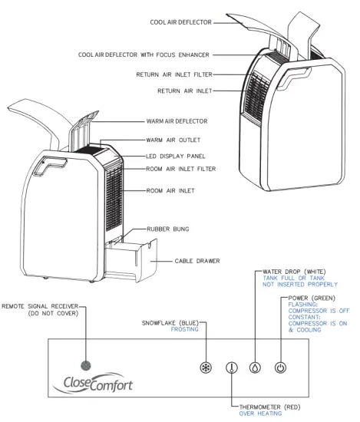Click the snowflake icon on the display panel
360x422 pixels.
pos(206,367)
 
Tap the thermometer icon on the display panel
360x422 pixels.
pos(231,367)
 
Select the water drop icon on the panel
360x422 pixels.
pos(255,367)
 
